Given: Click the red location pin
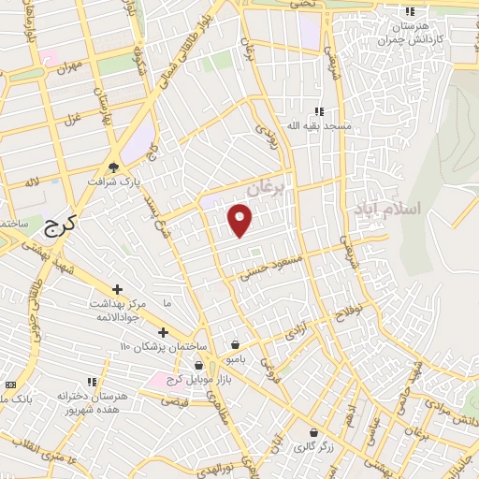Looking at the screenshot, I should [x=241, y=218].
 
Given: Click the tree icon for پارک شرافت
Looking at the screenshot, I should [x=114, y=167].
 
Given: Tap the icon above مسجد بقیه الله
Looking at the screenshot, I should [x=320, y=110].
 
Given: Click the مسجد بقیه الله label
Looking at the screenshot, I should [x=320, y=124].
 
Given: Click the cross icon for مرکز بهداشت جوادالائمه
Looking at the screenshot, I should [x=117, y=290].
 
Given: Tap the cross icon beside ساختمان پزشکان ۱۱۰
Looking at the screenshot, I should [x=163, y=332].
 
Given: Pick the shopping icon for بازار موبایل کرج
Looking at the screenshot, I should [x=198, y=366].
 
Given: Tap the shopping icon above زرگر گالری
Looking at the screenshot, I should [x=312, y=433].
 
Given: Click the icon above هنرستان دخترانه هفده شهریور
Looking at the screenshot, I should [x=92, y=382].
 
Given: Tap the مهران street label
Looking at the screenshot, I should [x=71, y=68].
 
